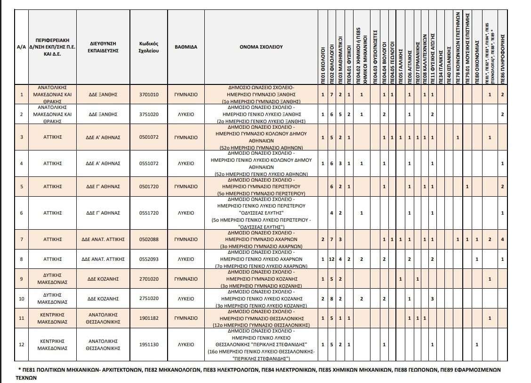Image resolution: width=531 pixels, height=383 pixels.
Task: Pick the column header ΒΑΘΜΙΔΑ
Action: pyautogui.click(x=186, y=47)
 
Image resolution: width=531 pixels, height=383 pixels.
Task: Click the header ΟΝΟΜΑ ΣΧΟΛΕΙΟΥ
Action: pyautogui.click(x=260, y=47)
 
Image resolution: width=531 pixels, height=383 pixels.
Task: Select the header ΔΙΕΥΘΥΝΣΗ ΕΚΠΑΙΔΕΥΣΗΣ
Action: pyautogui.click(x=103, y=47)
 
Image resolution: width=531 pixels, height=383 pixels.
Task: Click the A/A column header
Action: pyautogui.click(x=21, y=47)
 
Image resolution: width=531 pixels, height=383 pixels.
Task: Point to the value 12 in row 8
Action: pyautogui.click(x=332, y=259)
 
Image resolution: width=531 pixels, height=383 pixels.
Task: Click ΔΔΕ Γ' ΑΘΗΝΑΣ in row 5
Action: pyautogui.click(x=103, y=187)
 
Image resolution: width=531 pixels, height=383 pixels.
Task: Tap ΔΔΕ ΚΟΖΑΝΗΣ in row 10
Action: pyautogui.click(x=103, y=299)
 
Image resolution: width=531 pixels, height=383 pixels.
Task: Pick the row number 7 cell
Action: pyautogui.click(x=21, y=239)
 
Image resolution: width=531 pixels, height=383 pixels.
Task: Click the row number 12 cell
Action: pyautogui.click(x=21, y=344)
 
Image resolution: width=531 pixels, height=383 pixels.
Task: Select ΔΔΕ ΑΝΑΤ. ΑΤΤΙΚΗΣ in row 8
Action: pyautogui.click(x=103, y=259)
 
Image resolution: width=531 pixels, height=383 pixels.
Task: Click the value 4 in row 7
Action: pyautogui.click(x=503, y=239)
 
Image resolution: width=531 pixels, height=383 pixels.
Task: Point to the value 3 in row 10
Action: pyautogui.click(x=432, y=299)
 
